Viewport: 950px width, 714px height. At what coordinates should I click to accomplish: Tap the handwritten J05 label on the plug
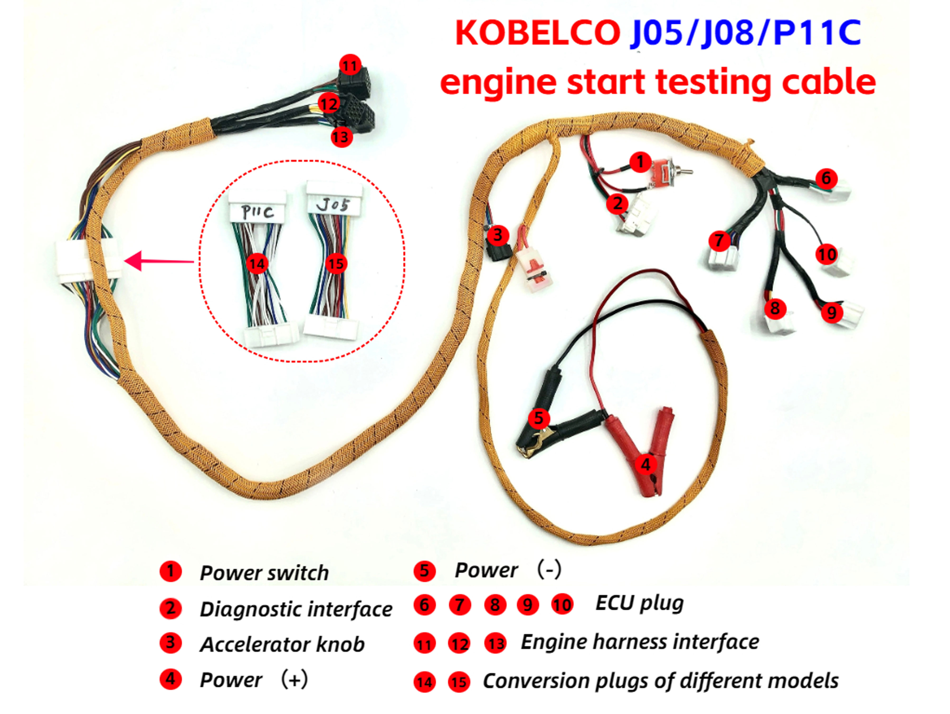tap(333, 206)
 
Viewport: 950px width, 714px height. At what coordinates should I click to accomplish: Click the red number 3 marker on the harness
tap(498, 235)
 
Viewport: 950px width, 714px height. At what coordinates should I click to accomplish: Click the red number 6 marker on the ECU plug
tap(826, 178)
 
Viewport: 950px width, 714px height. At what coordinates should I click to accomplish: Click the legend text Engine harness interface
tap(640, 642)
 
